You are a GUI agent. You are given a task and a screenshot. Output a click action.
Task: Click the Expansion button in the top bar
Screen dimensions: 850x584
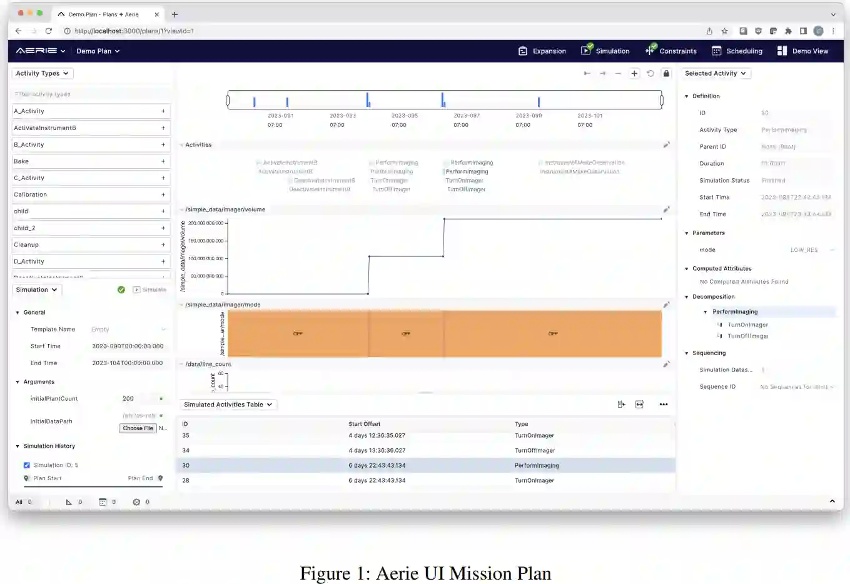(542, 51)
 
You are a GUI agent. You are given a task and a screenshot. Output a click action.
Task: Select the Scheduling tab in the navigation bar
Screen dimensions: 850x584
(737, 51)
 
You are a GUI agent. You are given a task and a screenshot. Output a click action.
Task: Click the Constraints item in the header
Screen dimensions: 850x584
(671, 51)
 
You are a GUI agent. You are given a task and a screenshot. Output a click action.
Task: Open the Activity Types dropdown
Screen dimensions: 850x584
(43, 73)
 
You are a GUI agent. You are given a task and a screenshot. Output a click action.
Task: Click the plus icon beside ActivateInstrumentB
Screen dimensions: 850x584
(163, 128)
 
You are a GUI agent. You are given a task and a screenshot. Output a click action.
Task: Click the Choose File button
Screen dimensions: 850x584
(138, 428)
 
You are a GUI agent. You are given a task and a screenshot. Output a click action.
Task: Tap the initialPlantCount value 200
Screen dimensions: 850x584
(128, 398)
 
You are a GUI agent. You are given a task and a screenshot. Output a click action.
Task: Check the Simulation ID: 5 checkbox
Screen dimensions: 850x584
(27, 465)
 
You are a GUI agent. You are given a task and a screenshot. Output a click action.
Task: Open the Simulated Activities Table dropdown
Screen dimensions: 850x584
(228, 405)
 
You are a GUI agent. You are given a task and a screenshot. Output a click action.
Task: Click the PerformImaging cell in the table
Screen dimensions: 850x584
(537, 465)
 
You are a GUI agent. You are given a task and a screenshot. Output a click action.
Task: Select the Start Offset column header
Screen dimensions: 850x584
(365, 424)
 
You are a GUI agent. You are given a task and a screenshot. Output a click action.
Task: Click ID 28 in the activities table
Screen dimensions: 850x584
(186, 480)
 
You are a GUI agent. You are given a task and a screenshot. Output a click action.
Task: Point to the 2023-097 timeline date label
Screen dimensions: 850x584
(467, 116)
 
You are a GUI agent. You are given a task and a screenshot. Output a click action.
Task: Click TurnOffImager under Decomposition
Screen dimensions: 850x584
(747, 336)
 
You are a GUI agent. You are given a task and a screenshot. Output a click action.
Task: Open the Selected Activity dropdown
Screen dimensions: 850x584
(716, 73)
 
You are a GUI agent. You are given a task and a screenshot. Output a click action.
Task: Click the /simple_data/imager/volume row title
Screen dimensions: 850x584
(225, 209)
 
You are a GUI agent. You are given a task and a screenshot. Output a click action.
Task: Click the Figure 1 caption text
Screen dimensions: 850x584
(425, 573)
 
